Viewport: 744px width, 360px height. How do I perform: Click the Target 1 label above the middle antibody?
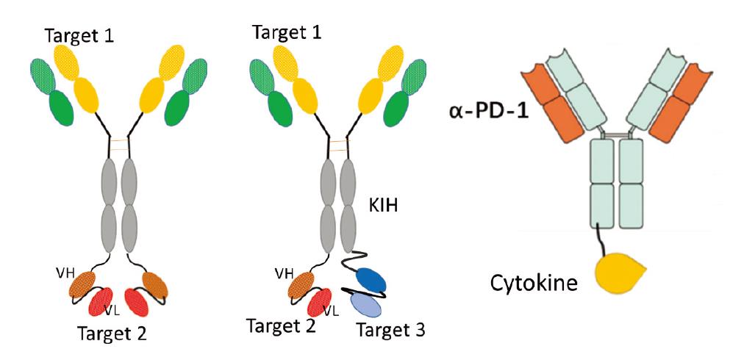[287, 32]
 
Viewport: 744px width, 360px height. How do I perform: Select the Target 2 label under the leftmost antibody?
[112, 334]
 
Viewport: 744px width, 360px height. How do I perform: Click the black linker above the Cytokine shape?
[603, 242]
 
